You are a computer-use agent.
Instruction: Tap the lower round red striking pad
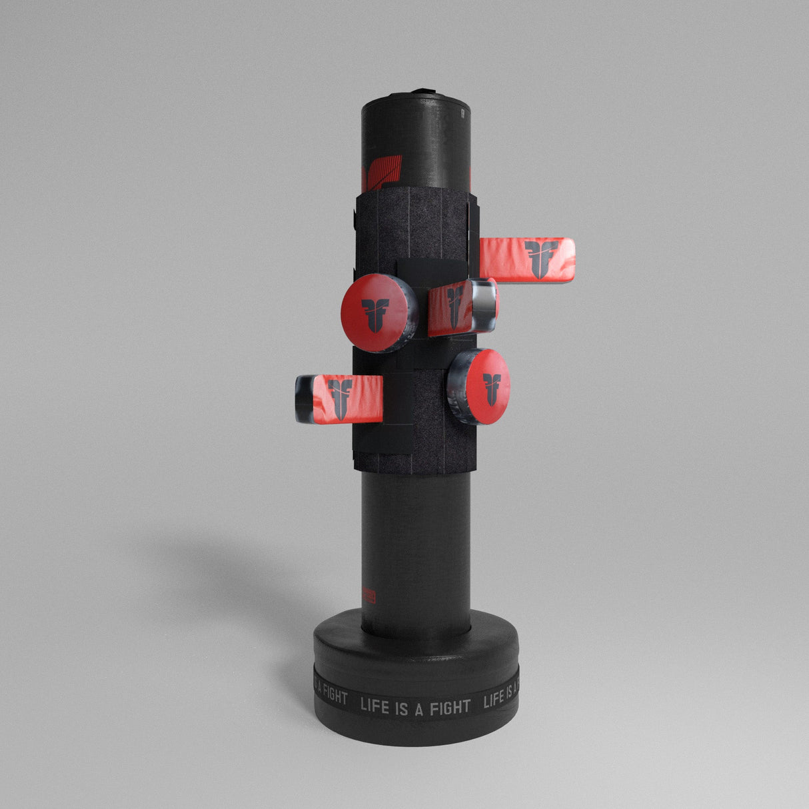coord(488,386)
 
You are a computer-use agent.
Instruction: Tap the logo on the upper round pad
coord(375,315)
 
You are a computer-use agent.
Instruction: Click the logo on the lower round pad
coord(492,389)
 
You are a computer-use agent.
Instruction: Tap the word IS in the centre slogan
coord(404,706)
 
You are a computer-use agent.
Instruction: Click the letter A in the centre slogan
coord(420,706)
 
